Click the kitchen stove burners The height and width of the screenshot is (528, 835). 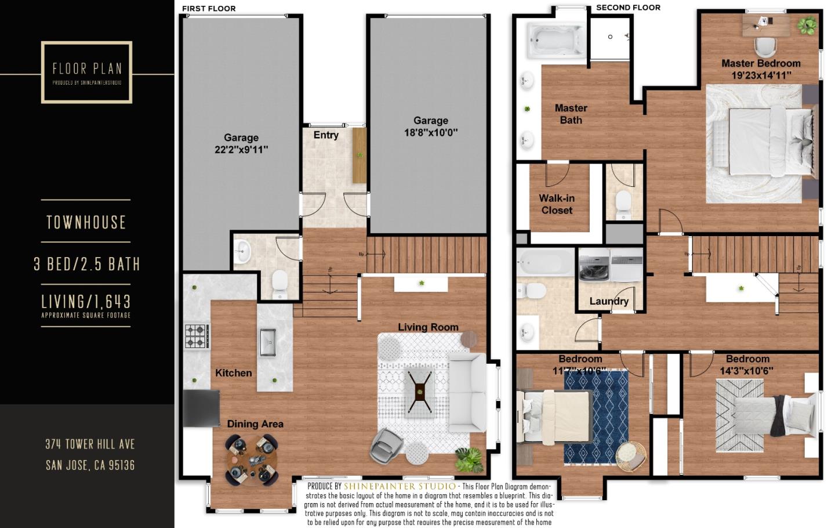coord(197,336)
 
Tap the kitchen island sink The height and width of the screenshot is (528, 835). coord(267,341)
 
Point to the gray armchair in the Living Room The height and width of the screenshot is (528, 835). coord(385,445)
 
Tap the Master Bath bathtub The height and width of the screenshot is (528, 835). coord(556,41)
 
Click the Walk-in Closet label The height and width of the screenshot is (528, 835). coord(557,204)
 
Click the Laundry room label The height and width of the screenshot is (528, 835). coord(609,301)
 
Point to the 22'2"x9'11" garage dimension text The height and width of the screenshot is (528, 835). coord(241,150)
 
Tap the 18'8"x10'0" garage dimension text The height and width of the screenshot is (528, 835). coord(431,132)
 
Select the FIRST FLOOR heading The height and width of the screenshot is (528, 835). coord(209,9)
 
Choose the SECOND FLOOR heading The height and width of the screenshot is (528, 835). coord(628,8)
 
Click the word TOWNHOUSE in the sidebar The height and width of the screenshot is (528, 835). coord(86,222)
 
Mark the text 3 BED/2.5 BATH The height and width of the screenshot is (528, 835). coord(86,265)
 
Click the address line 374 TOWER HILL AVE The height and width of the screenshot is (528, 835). coord(90,444)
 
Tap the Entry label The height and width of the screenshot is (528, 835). coord(326,135)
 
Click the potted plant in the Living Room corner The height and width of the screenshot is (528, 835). coord(469,460)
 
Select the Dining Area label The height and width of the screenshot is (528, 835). coord(255,424)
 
